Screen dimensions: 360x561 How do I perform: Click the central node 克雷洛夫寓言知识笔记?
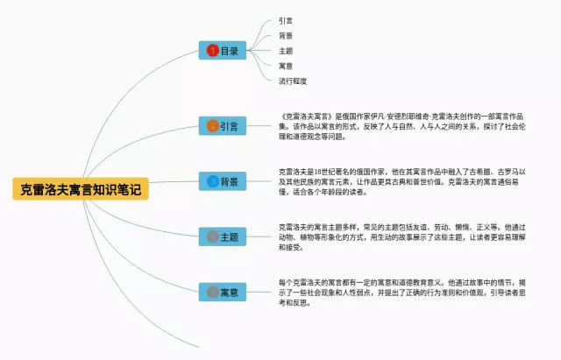coord(81,188)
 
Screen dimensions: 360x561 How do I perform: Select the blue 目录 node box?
coord(222,51)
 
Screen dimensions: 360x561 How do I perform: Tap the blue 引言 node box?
coord(222,126)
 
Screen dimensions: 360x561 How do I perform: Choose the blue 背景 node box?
coord(222,181)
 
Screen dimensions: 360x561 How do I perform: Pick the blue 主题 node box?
coord(222,236)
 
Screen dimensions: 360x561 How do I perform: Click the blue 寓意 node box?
coord(222,291)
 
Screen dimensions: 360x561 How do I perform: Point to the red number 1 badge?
coord(212,51)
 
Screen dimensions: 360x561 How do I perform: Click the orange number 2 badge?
coord(212,126)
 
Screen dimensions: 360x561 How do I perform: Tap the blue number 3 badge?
coord(212,181)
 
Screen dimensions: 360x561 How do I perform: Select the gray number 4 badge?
coord(212,236)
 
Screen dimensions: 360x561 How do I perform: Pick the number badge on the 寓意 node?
coord(212,291)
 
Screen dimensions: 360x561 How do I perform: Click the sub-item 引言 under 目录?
coord(286,20)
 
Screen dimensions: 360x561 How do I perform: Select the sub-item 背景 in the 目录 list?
coord(286,36)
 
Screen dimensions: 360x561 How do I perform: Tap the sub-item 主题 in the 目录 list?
coord(286,51)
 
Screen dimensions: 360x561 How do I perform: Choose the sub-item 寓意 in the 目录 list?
coord(286,66)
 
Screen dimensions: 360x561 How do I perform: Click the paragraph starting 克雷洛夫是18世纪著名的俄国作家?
coord(412,181)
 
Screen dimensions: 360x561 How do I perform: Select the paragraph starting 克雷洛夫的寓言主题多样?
coord(412,236)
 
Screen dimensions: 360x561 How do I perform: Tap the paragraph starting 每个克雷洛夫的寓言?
coord(412,291)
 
